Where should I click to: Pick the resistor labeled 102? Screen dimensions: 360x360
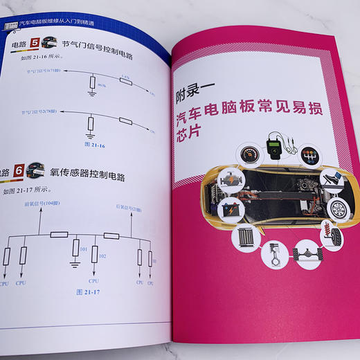click(93, 257)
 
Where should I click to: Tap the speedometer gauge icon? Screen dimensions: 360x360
click(249, 154)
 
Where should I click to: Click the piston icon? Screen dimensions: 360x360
click(276, 250)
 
